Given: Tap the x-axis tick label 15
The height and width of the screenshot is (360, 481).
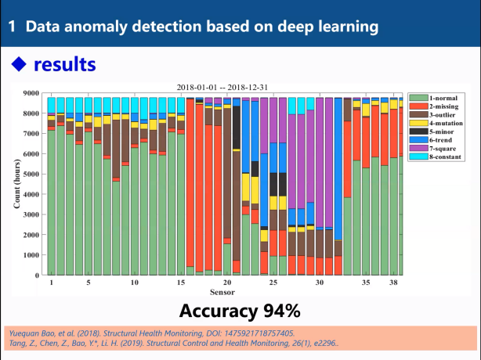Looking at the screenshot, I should (181, 283).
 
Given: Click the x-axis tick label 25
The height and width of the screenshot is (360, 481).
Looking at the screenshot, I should (273, 283).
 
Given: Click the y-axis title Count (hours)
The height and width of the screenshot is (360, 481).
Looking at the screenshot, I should (16, 185).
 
